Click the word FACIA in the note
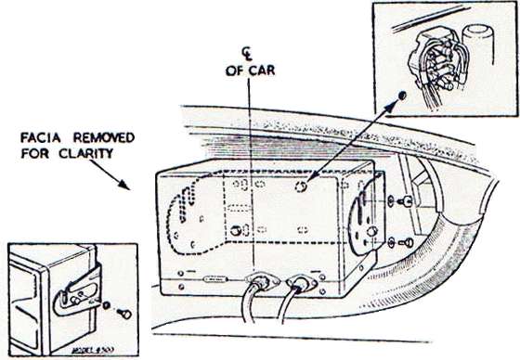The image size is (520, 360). pyautogui.click(x=38, y=138)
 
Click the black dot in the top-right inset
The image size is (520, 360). pyautogui.click(x=402, y=96)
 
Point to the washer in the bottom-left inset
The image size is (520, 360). pyautogui.click(x=109, y=306)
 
